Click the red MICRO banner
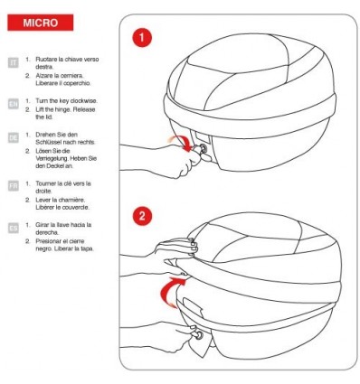[x=41, y=23]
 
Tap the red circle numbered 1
[x=142, y=38]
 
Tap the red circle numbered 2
[x=142, y=216]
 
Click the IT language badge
[x=14, y=62]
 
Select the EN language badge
[x=14, y=104]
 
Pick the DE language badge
[x=14, y=138]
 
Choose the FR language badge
[x=14, y=186]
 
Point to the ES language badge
[x=14, y=228]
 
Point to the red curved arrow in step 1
[x=182, y=143]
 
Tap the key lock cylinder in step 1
[x=203, y=148]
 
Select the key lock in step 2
[x=199, y=335]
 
